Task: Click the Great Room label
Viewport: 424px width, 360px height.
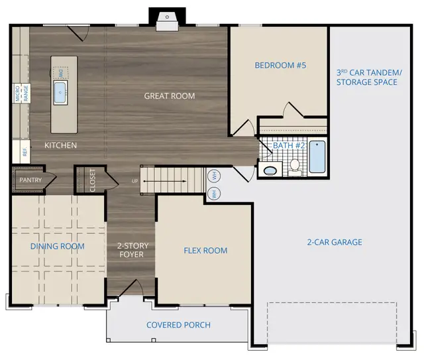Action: tap(170, 96)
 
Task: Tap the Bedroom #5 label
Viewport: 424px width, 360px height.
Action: tap(280, 65)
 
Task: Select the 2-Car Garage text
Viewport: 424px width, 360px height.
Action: tap(334, 242)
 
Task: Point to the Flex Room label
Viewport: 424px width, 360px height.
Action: tap(205, 251)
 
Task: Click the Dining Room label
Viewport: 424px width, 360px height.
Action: tap(58, 247)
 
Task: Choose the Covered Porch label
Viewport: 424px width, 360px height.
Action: tap(178, 325)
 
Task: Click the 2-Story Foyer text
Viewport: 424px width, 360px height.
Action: tap(132, 251)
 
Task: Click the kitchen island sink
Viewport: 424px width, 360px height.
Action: tap(64, 91)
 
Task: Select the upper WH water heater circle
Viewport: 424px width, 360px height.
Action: tap(215, 176)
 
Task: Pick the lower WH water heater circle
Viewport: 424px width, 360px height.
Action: tap(215, 194)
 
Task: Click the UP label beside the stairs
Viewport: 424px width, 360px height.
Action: tap(135, 180)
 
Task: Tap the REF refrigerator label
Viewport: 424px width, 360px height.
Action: tap(25, 152)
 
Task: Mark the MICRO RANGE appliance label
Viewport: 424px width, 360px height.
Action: tap(23, 93)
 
